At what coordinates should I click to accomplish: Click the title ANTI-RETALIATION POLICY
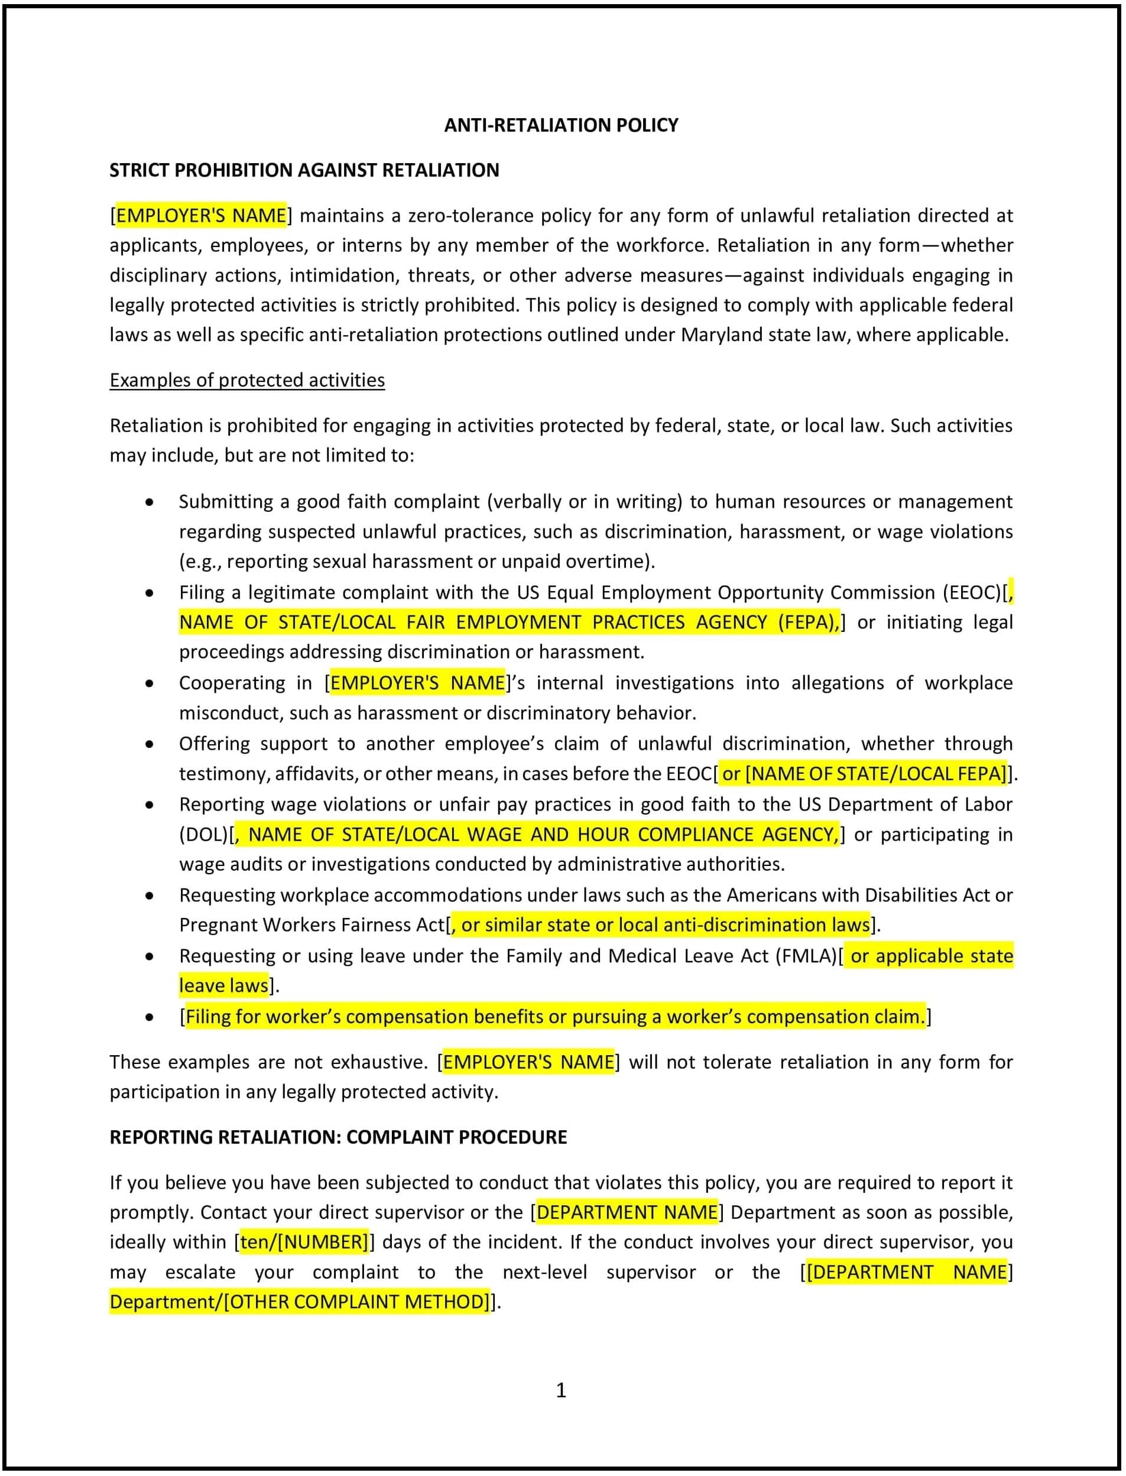tap(561, 125)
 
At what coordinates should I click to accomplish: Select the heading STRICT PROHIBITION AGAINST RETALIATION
tap(304, 170)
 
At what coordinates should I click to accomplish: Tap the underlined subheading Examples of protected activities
tap(246, 380)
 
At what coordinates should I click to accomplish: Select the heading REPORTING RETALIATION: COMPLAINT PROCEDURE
tap(338, 1137)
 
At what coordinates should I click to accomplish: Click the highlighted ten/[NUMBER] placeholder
tap(304, 1242)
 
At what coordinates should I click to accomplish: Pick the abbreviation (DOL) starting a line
tap(203, 835)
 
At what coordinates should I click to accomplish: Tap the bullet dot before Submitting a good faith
tap(150, 502)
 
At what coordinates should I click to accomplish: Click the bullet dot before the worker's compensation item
tap(150, 1017)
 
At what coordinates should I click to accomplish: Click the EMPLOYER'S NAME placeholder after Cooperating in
tap(417, 683)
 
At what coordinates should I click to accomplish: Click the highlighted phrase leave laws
tap(223, 985)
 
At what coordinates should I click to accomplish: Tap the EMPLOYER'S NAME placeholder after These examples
tap(528, 1062)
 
